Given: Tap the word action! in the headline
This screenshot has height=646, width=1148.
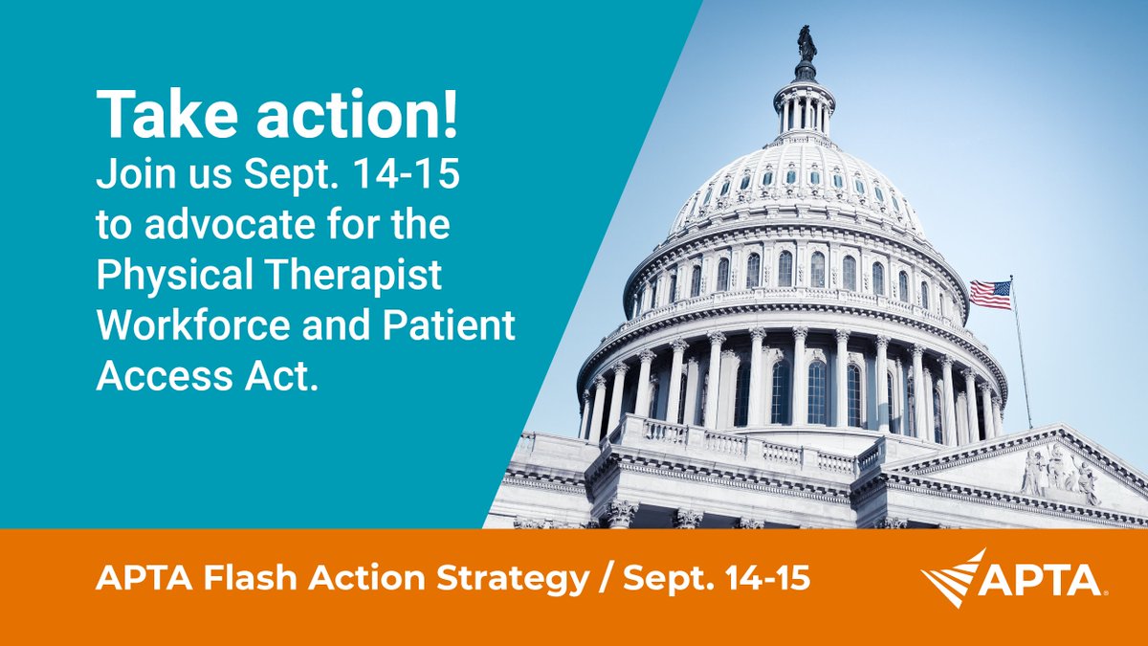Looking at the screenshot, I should coord(350,118).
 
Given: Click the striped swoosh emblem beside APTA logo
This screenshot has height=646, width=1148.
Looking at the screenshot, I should coord(955,577).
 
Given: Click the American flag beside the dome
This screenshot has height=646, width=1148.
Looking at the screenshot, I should coord(991,294).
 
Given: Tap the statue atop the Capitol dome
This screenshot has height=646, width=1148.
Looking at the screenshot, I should coord(806,45).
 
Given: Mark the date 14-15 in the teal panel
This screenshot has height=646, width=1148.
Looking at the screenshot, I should coord(414,180).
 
